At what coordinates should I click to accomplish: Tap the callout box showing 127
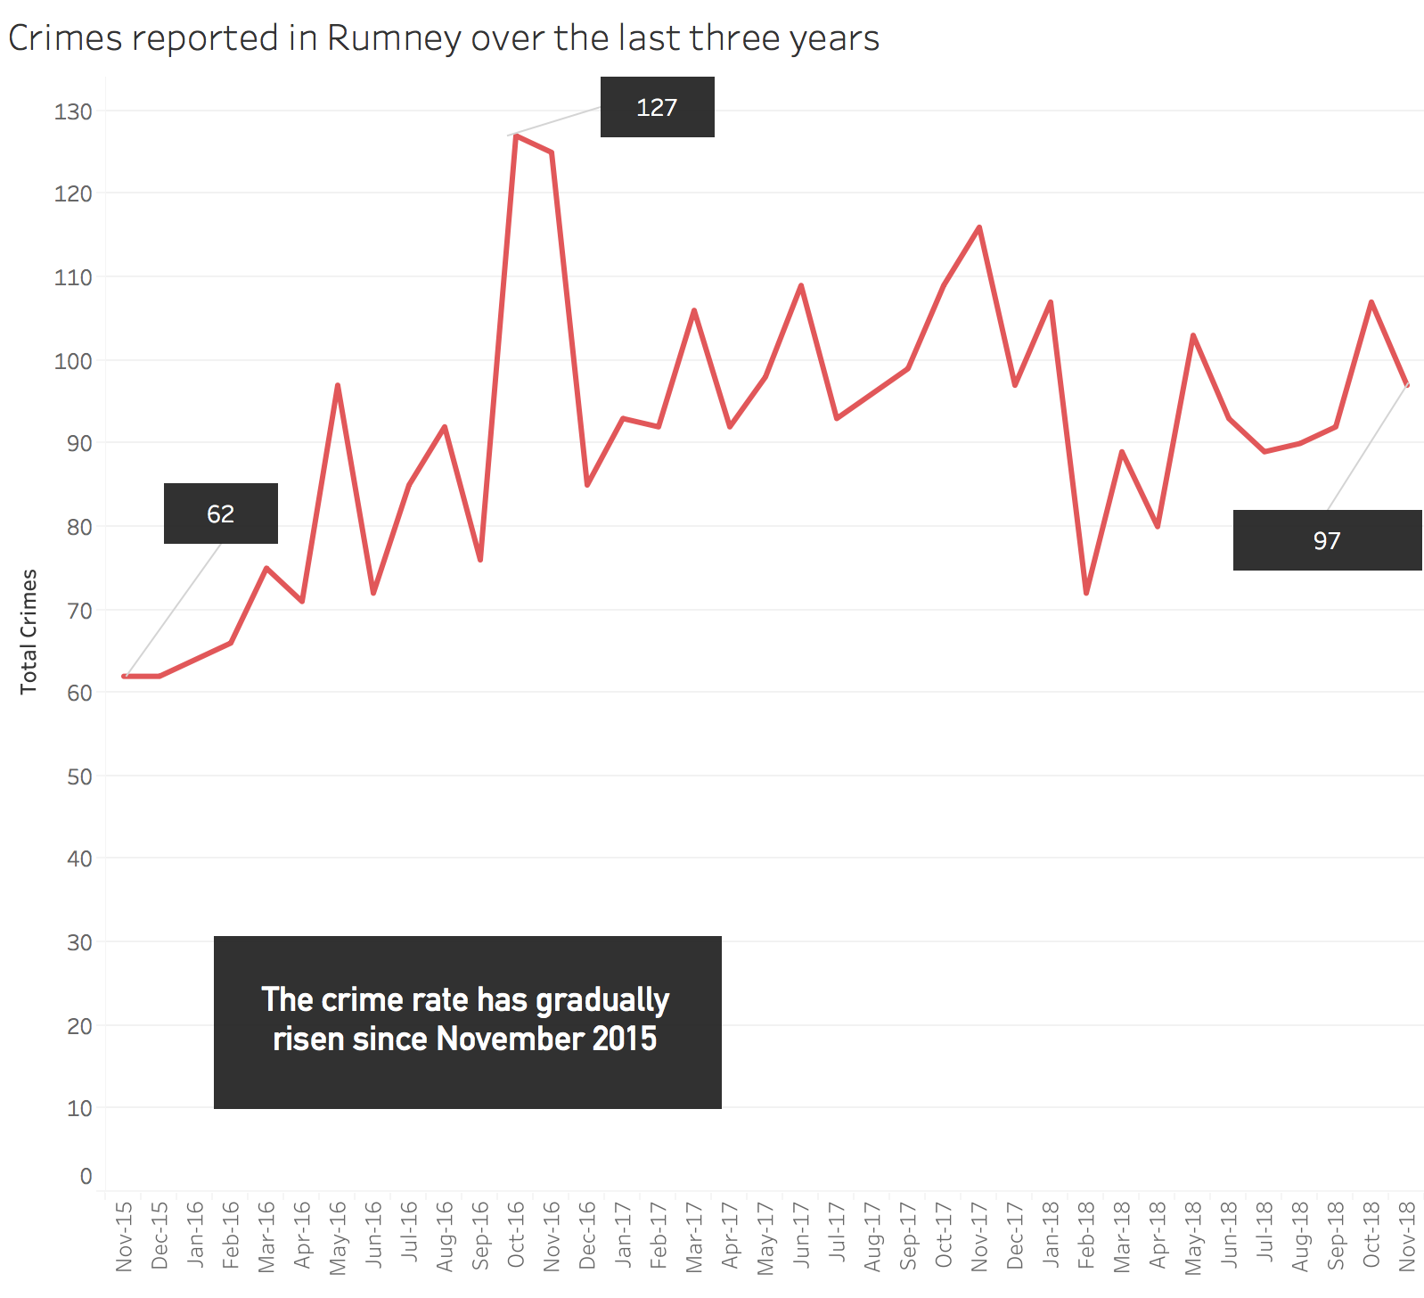(x=657, y=107)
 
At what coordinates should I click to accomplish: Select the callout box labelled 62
(x=220, y=513)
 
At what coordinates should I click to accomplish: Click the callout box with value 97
(x=1326, y=540)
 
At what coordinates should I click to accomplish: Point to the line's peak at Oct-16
(x=516, y=136)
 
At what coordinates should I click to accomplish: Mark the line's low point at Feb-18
(x=1086, y=594)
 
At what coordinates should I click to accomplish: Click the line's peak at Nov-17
(x=979, y=227)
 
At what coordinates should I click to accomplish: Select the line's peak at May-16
(x=338, y=385)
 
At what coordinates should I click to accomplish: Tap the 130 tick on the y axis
(x=73, y=111)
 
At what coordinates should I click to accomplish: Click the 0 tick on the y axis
(x=86, y=1176)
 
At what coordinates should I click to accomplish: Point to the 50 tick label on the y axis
(x=79, y=776)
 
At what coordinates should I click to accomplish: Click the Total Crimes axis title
(x=29, y=631)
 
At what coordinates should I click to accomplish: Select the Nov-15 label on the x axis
(x=124, y=1236)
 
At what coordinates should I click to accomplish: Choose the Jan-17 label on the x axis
(x=623, y=1236)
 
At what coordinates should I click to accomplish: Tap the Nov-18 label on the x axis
(x=1407, y=1236)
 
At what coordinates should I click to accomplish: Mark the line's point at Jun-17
(x=801, y=285)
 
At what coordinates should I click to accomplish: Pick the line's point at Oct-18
(x=1371, y=302)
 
